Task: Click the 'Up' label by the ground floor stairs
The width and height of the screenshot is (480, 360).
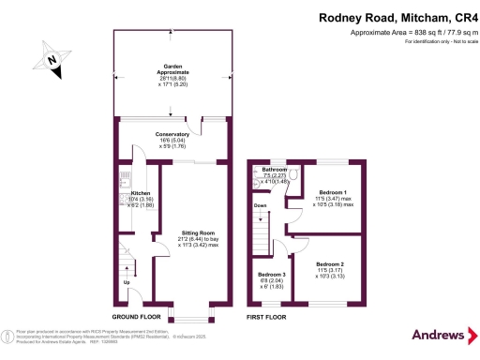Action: pyautogui.click(x=127, y=281)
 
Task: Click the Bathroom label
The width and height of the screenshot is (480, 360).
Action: pyautogui.click(x=274, y=171)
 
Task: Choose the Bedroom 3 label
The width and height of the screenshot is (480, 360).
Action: pyautogui.click(x=272, y=276)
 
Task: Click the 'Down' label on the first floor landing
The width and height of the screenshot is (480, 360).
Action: pyautogui.click(x=261, y=204)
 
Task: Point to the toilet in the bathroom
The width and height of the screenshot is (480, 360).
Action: pyautogui.click(x=293, y=175)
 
